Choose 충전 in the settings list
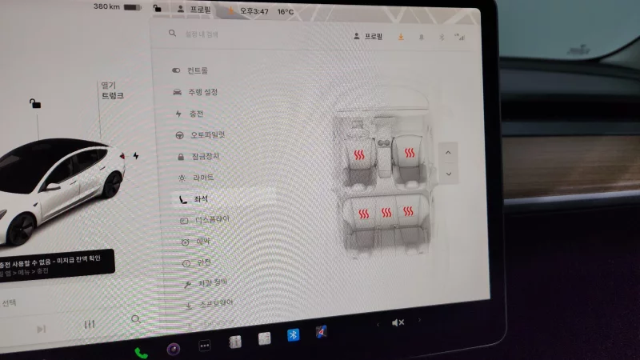196,114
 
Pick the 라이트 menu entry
202,177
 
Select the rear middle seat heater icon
386,213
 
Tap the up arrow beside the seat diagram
448,152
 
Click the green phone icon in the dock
141,352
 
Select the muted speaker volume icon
398,322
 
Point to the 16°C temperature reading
286,12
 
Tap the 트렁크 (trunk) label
112,95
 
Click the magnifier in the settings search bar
172,34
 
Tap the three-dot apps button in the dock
204,346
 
